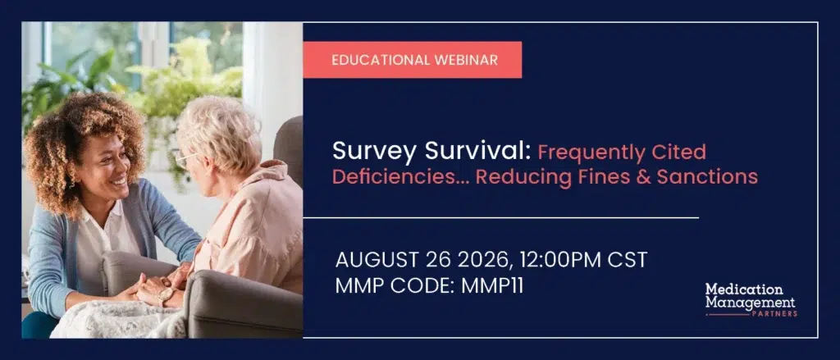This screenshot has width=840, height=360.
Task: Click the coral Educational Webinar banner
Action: pos(413,60)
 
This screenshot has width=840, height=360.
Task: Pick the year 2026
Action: pos(486,260)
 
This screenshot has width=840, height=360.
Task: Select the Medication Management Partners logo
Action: pos(751,300)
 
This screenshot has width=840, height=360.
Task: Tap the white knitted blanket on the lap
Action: pos(115,321)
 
